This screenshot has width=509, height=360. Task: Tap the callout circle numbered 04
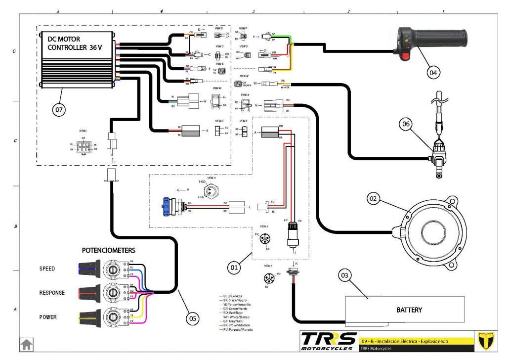coord(432,72)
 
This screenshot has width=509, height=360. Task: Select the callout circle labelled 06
coord(406,126)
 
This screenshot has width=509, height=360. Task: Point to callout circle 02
coord(373,199)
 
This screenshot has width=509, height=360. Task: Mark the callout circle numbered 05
coord(193,318)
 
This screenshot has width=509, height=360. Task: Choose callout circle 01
coord(234,268)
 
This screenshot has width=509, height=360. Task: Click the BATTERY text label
coord(409,310)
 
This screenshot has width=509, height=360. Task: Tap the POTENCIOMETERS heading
coord(109,250)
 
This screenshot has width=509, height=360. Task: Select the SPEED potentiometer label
coord(47,269)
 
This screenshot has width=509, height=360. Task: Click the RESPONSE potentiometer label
coord(52,293)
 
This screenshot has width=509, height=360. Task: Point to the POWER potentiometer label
coord(48,317)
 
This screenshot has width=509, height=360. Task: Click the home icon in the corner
coord(26,344)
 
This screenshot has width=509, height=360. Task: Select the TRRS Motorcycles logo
coord(329,341)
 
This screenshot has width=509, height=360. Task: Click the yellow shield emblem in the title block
coord(490,341)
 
